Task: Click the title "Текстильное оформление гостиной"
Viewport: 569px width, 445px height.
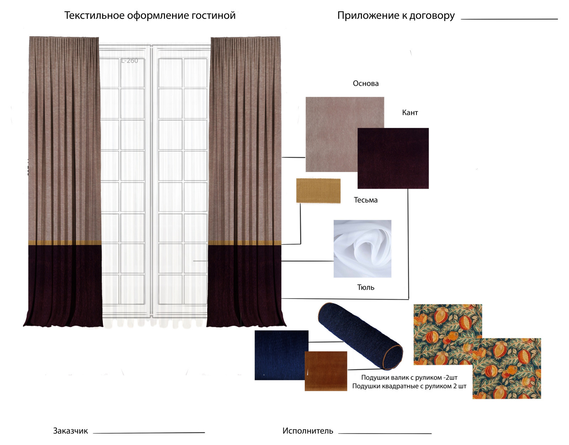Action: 150,16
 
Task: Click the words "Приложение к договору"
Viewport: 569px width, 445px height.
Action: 396,16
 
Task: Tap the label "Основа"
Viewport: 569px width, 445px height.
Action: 366,84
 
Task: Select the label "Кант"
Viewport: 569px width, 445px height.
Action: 410,113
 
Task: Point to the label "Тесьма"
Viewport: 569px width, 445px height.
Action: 366,200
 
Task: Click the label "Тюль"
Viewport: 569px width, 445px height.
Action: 366,287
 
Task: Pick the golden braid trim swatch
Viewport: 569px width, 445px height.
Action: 318,191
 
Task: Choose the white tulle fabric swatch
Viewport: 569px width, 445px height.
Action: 362,248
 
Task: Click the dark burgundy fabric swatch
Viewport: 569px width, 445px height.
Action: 393,158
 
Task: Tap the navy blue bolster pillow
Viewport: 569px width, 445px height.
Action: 360,336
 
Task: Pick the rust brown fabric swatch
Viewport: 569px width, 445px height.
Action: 326,371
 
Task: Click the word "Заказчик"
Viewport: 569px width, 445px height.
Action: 70,431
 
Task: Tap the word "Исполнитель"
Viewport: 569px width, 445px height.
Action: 308,431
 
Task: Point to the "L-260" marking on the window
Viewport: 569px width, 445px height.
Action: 129,61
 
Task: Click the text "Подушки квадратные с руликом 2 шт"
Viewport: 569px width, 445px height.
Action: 409,386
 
